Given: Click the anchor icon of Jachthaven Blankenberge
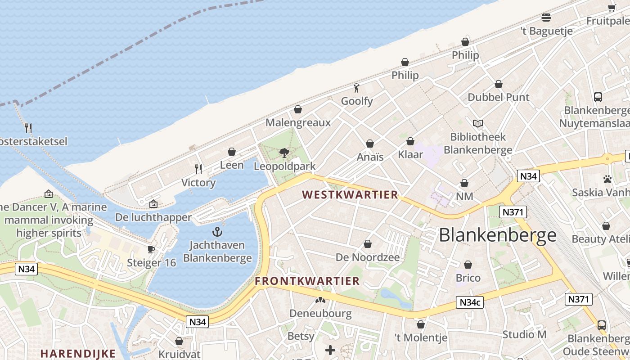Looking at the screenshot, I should point(217,232).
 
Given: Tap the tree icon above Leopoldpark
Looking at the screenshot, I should point(284,153).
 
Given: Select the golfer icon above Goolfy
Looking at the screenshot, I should point(357,88).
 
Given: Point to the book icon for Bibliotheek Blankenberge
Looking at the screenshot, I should point(477,123).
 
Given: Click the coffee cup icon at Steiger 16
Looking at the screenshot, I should point(151,249).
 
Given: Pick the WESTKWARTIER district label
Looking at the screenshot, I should point(350,195).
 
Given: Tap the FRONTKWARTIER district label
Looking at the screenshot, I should point(307,281).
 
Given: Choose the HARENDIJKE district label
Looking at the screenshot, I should point(78,353).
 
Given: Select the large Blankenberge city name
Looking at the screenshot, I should point(497,235).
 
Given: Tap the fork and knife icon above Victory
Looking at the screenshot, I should point(198,169).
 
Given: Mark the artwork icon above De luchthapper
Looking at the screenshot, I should point(153,204).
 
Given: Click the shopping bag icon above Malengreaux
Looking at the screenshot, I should point(298,109).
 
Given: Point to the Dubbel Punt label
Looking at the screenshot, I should point(499,97).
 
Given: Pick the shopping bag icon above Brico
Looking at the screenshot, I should point(468,265).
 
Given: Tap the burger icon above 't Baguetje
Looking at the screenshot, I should point(546,18).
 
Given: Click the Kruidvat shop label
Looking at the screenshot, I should point(179,354).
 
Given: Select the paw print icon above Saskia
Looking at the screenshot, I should point(607,179).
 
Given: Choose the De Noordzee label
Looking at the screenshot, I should point(368,257).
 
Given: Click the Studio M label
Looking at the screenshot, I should point(524,334).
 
